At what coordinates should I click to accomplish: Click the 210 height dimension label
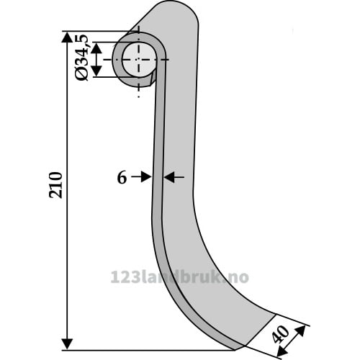pos(55,185)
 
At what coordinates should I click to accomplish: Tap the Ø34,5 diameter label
pos(81,58)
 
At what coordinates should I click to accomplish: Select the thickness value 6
pos(122,178)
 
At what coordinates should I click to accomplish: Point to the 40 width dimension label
pos(281,334)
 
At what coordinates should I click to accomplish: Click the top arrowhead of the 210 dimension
pos(67,37)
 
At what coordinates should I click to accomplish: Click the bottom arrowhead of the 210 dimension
pos(67,344)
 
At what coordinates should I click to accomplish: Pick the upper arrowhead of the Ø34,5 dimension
pos(96,48)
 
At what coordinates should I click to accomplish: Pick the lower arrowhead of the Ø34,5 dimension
pos(96,71)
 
